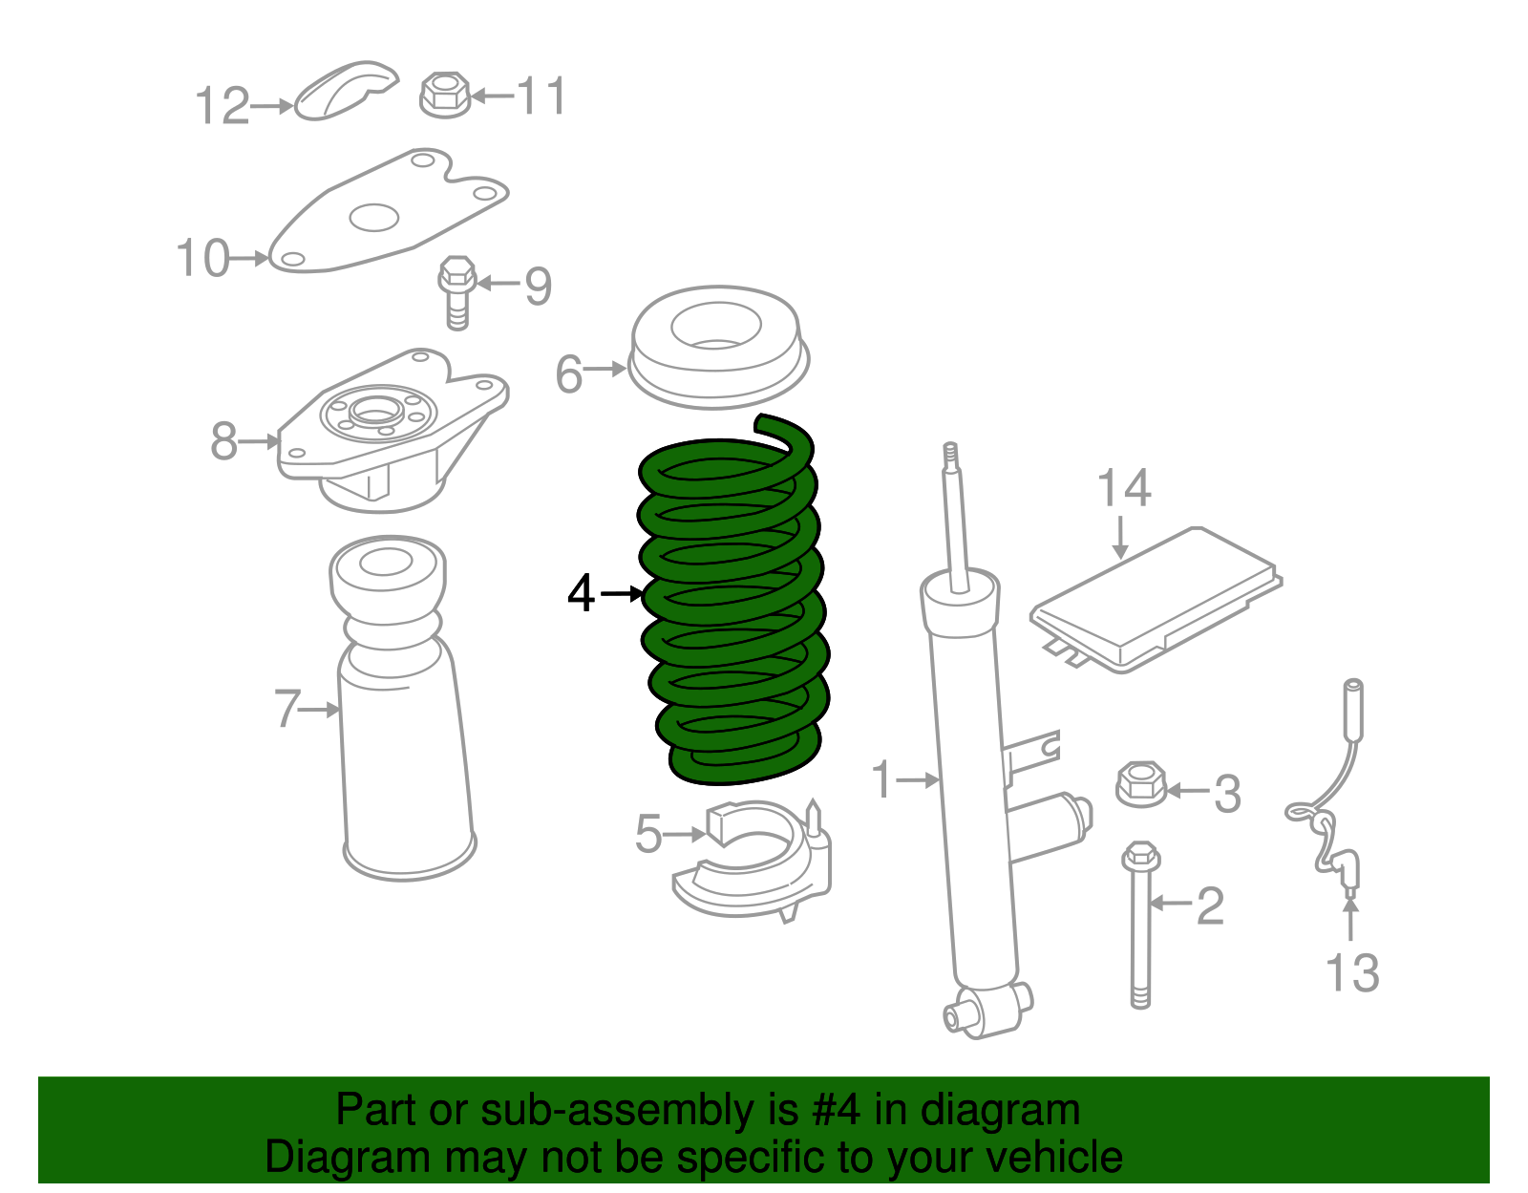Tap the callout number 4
[x=582, y=594]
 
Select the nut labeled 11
[x=445, y=95]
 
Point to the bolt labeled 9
[x=457, y=290]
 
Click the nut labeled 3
[x=1140, y=784]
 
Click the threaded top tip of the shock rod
[x=949, y=457]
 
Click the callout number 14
[x=1123, y=489]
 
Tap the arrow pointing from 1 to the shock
[x=920, y=780]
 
